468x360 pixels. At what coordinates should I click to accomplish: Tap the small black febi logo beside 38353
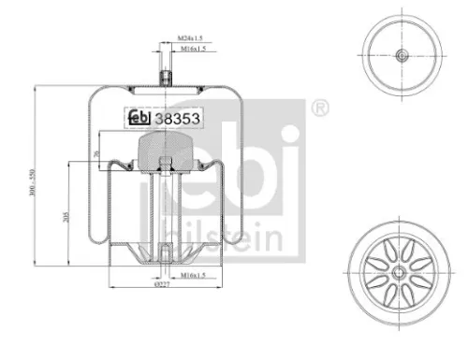click(139, 118)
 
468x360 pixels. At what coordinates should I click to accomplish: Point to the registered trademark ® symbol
click(321, 108)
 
